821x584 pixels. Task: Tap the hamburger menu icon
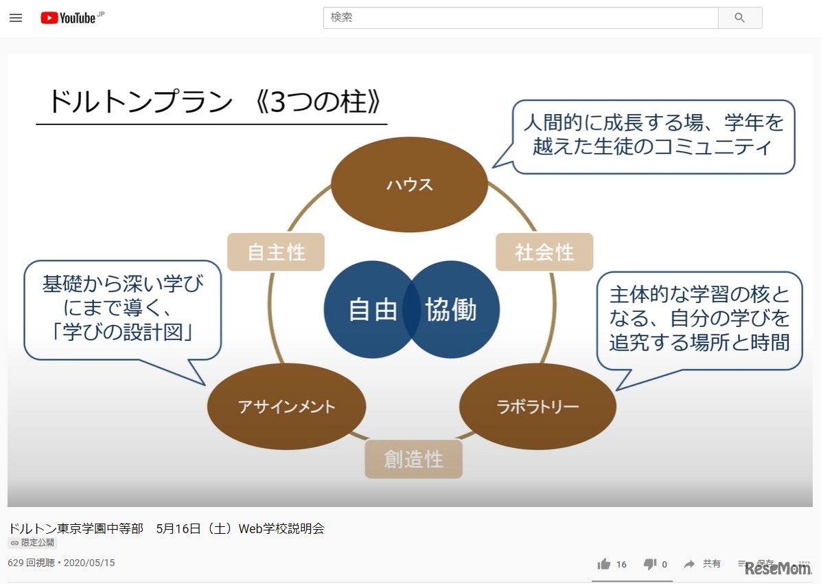(x=16, y=18)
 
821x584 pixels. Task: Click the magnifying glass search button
(x=740, y=18)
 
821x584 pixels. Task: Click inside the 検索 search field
(x=520, y=18)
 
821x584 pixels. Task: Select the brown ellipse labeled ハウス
(x=409, y=185)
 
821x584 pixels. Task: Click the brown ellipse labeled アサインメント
(x=286, y=406)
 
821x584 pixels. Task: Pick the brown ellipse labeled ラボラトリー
(x=537, y=406)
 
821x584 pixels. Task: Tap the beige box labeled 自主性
(x=276, y=252)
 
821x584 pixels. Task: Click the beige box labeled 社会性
(x=544, y=252)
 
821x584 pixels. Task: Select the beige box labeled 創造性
(x=414, y=459)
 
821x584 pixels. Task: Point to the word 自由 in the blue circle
(x=373, y=309)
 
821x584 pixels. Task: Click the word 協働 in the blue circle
(x=451, y=309)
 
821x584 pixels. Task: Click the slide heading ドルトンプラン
(x=140, y=101)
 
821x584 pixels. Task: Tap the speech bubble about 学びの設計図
(x=122, y=309)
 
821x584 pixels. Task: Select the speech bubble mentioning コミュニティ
(x=653, y=136)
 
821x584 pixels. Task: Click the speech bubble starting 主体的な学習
(x=699, y=319)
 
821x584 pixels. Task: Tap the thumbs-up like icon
(x=603, y=564)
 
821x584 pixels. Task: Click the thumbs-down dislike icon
(x=650, y=564)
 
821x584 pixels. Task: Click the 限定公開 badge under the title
(x=32, y=543)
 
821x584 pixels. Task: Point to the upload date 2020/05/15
(x=89, y=563)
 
